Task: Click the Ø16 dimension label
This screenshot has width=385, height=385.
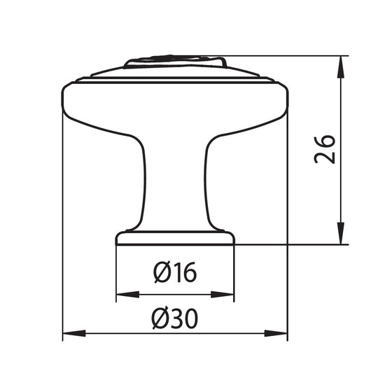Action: (x=175, y=272)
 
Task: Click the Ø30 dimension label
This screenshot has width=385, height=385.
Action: (x=175, y=318)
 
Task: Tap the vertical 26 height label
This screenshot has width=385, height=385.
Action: (x=325, y=149)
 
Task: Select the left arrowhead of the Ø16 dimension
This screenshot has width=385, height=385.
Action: (x=127, y=294)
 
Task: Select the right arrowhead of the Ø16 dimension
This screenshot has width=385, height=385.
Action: (x=222, y=294)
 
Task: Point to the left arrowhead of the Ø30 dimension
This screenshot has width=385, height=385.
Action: (x=74, y=333)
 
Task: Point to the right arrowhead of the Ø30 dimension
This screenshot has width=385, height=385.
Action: (x=276, y=333)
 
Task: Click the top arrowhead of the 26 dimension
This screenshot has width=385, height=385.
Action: (x=340, y=67)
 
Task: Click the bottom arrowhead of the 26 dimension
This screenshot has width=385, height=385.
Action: (x=340, y=233)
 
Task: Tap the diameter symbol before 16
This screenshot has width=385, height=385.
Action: (x=162, y=272)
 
